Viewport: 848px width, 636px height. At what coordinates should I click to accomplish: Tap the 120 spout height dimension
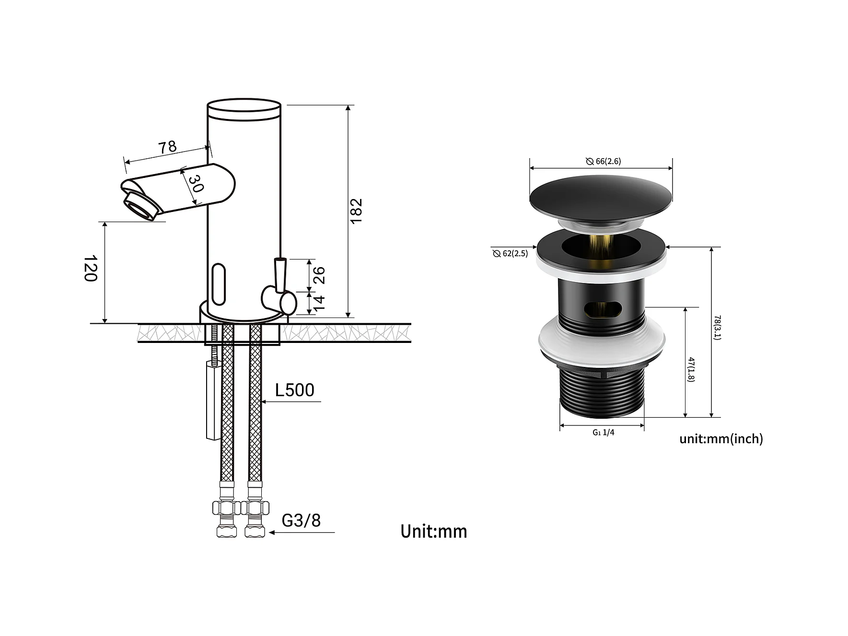(91, 269)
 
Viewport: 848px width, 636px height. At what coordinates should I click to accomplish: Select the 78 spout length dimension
(168, 147)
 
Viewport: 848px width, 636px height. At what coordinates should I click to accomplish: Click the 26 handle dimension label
(319, 275)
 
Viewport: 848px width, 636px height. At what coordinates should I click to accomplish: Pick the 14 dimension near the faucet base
(319, 301)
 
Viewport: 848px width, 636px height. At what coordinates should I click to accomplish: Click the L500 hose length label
(295, 390)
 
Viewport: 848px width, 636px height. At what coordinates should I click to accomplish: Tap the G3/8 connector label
(301, 520)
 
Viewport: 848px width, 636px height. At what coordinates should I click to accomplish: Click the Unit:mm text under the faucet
(434, 531)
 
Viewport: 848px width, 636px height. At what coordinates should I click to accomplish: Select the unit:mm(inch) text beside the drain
(721, 438)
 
